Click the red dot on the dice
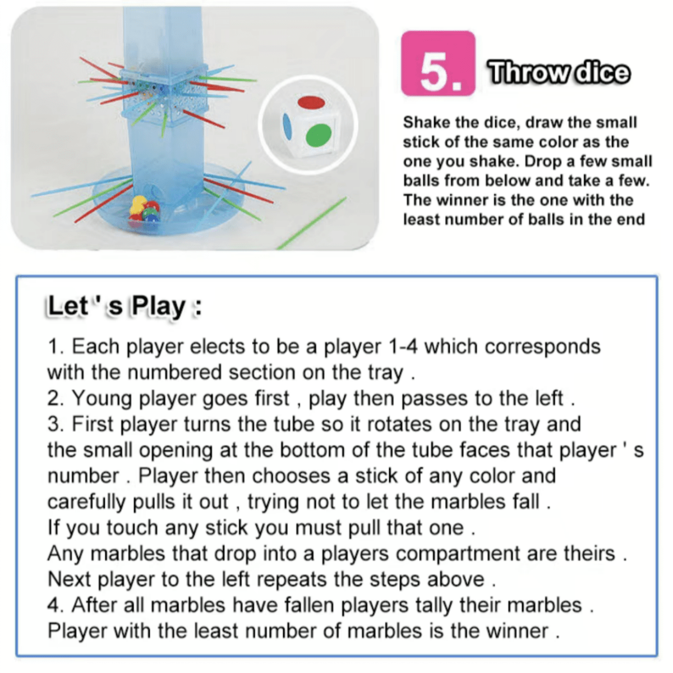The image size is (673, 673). click(311, 103)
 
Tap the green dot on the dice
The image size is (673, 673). click(318, 136)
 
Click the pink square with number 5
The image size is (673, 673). click(438, 63)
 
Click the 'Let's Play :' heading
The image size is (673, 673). click(125, 306)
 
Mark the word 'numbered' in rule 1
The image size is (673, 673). click(174, 372)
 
